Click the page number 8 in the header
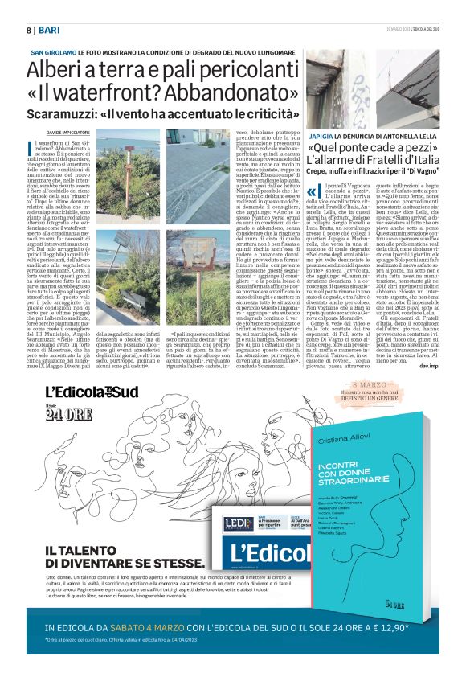(x=29, y=30)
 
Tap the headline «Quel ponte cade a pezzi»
(x=377, y=150)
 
